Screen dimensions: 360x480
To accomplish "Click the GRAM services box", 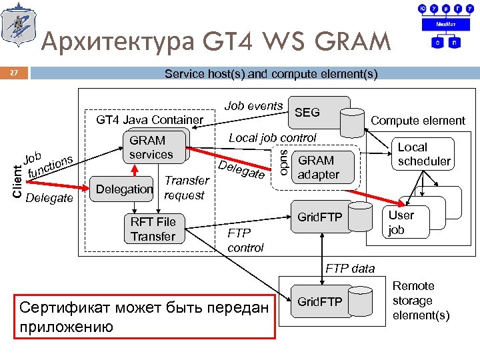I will coord(151,147).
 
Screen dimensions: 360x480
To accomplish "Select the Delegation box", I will coord(125,189).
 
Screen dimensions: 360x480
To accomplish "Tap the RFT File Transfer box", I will coord(153,229).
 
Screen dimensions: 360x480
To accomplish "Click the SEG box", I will coord(307,113).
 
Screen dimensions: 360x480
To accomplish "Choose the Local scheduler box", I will coord(424,155).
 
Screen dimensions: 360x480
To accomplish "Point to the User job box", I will coord(401,222).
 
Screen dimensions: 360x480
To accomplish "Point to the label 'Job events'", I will coord(253,105).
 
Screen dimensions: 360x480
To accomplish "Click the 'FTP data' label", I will coord(350,269).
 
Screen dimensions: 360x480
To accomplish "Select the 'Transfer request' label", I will coord(186,187).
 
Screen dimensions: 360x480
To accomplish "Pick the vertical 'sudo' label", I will coord(283,163).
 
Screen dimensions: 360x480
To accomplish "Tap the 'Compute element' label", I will coord(418,121).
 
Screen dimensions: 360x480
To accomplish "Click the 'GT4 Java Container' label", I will coord(149,120).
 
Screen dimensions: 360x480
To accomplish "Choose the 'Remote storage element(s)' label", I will coord(421,301).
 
